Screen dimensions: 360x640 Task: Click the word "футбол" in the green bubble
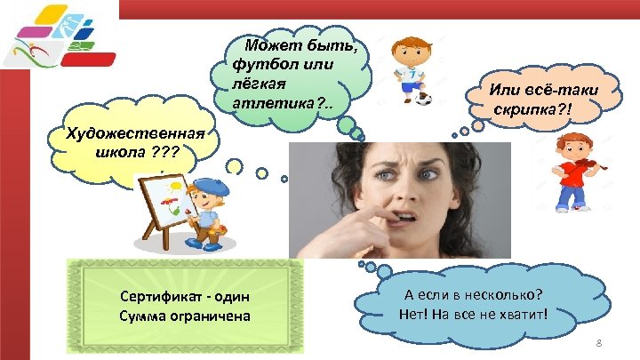point(258,64)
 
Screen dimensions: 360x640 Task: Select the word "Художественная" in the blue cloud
point(136,134)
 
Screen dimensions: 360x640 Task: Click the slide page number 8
point(599,343)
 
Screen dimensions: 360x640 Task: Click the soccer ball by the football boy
point(424,98)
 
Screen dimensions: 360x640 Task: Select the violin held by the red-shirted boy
point(588,168)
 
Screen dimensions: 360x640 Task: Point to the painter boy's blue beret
point(212,187)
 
